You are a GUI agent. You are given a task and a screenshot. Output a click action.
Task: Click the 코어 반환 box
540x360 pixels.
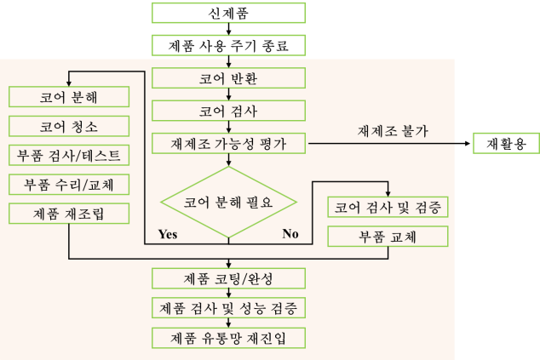[x=228, y=79]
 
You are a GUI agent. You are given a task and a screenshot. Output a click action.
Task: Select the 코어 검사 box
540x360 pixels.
[x=228, y=111]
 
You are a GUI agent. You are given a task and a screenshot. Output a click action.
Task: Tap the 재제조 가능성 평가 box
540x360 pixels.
[x=228, y=143]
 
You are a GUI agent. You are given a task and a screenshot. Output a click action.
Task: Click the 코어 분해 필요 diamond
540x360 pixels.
[x=228, y=203]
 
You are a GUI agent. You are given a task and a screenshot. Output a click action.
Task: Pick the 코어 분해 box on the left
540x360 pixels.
[x=68, y=97]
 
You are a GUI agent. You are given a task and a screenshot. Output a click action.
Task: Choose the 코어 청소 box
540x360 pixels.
[x=68, y=127]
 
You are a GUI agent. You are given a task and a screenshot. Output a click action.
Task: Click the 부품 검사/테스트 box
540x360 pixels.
[x=68, y=156]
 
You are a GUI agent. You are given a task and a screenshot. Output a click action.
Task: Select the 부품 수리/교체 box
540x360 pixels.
[x=68, y=184]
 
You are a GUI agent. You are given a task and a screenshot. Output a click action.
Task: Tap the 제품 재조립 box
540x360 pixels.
[x=68, y=212]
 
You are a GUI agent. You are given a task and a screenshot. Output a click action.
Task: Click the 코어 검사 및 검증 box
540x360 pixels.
[x=388, y=207]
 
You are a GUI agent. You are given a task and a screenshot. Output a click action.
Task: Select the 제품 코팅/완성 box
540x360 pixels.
[x=228, y=278]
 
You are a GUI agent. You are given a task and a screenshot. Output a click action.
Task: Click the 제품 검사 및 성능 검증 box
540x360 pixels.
[x=228, y=307]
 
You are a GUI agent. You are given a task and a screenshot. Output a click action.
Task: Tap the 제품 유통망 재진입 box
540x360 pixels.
[x=228, y=337]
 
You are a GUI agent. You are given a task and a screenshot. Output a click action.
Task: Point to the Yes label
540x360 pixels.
[x=167, y=234]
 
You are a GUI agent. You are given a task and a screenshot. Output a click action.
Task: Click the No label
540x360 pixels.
[x=290, y=234]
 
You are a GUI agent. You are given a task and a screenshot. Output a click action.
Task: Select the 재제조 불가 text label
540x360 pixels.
[x=393, y=131]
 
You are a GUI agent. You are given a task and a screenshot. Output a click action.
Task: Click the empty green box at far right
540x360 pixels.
[x=506, y=143]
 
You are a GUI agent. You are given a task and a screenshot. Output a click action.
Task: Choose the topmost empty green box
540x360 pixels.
[x=228, y=12]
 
